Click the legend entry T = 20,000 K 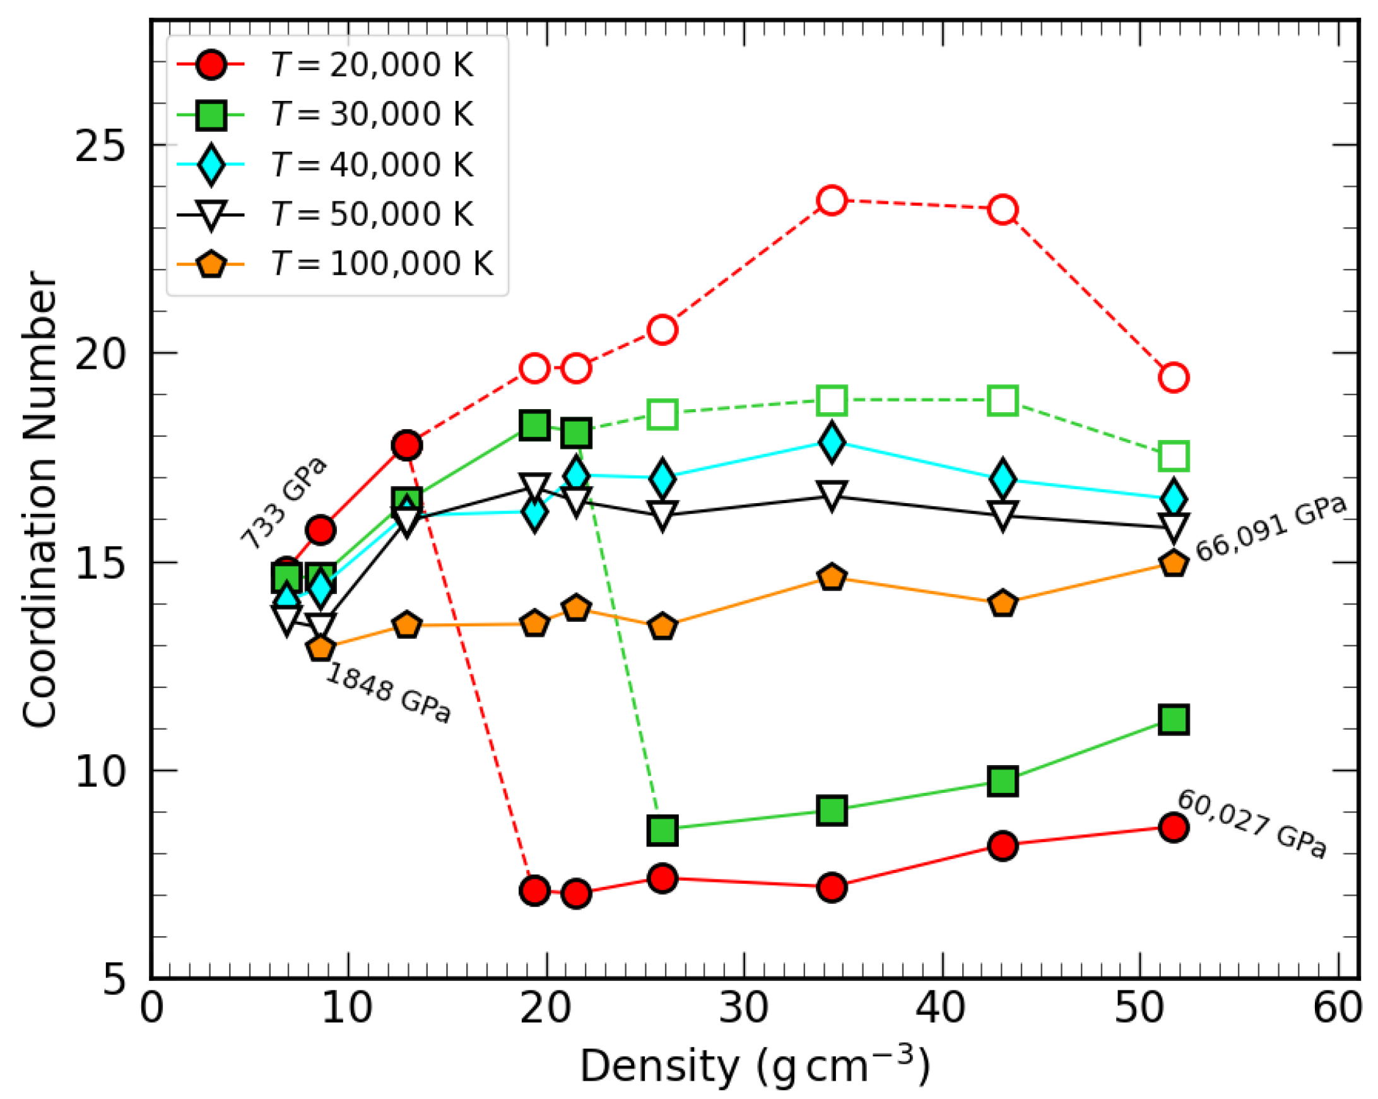click(x=371, y=65)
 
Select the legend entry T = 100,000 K click(x=381, y=263)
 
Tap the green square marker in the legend click(x=211, y=115)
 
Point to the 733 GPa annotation click(x=284, y=504)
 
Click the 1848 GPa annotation click(x=389, y=693)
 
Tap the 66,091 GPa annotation click(x=1271, y=530)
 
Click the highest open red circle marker click(x=832, y=201)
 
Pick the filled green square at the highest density click(x=1174, y=720)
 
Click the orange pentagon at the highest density click(x=1174, y=563)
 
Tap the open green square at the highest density click(x=1174, y=456)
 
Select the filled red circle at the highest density click(x=1174, y=828)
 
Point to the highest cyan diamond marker click(x=832, y=441)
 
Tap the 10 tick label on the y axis click(x=99, y=771)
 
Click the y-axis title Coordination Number click(x=40, y=499)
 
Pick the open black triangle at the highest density click(x=1174, y=528)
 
